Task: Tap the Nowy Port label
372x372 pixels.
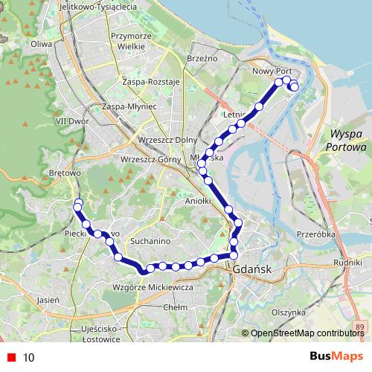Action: pyautogui.click(x=272, y=71)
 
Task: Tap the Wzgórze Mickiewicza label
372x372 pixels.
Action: pyautogui.click(x=153, y=287)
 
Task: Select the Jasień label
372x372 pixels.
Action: pyautogui.click(x=47, y=301)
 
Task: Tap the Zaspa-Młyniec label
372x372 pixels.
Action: pyautogui.click(x=129, y=107)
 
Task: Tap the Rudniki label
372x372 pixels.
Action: pyautogui.click(x=347, y=263)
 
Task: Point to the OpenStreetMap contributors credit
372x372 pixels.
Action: pyautogui.click(x=305, y=334)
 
